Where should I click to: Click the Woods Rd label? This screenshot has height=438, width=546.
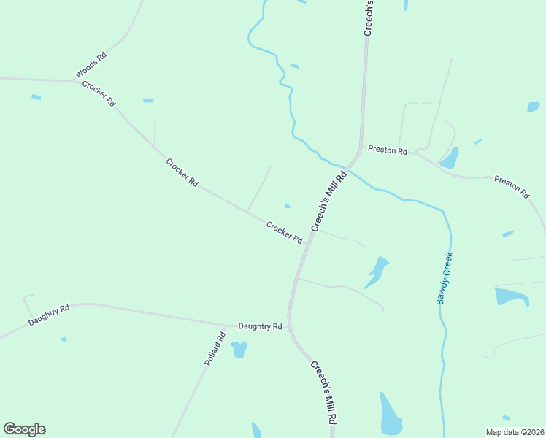(91, 65)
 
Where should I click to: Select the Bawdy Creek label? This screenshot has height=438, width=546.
(445, 279)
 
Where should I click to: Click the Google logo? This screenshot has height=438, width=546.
(24, 429)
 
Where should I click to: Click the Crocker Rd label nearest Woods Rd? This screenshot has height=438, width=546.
(99, 94)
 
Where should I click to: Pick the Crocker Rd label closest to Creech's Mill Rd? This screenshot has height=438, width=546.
(284, 232)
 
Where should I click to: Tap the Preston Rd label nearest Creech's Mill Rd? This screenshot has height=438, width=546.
(388, 150)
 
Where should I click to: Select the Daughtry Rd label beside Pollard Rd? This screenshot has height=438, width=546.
(260, 326)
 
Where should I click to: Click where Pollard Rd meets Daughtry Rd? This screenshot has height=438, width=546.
(227, 326)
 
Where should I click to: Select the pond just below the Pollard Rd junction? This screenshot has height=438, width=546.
(239, 350)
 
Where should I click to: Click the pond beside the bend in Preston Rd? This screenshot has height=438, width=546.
(449, 158)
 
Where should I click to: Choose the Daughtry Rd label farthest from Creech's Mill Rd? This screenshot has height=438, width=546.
(49, 315)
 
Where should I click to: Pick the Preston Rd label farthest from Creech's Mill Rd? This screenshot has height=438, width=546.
(512, 187)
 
